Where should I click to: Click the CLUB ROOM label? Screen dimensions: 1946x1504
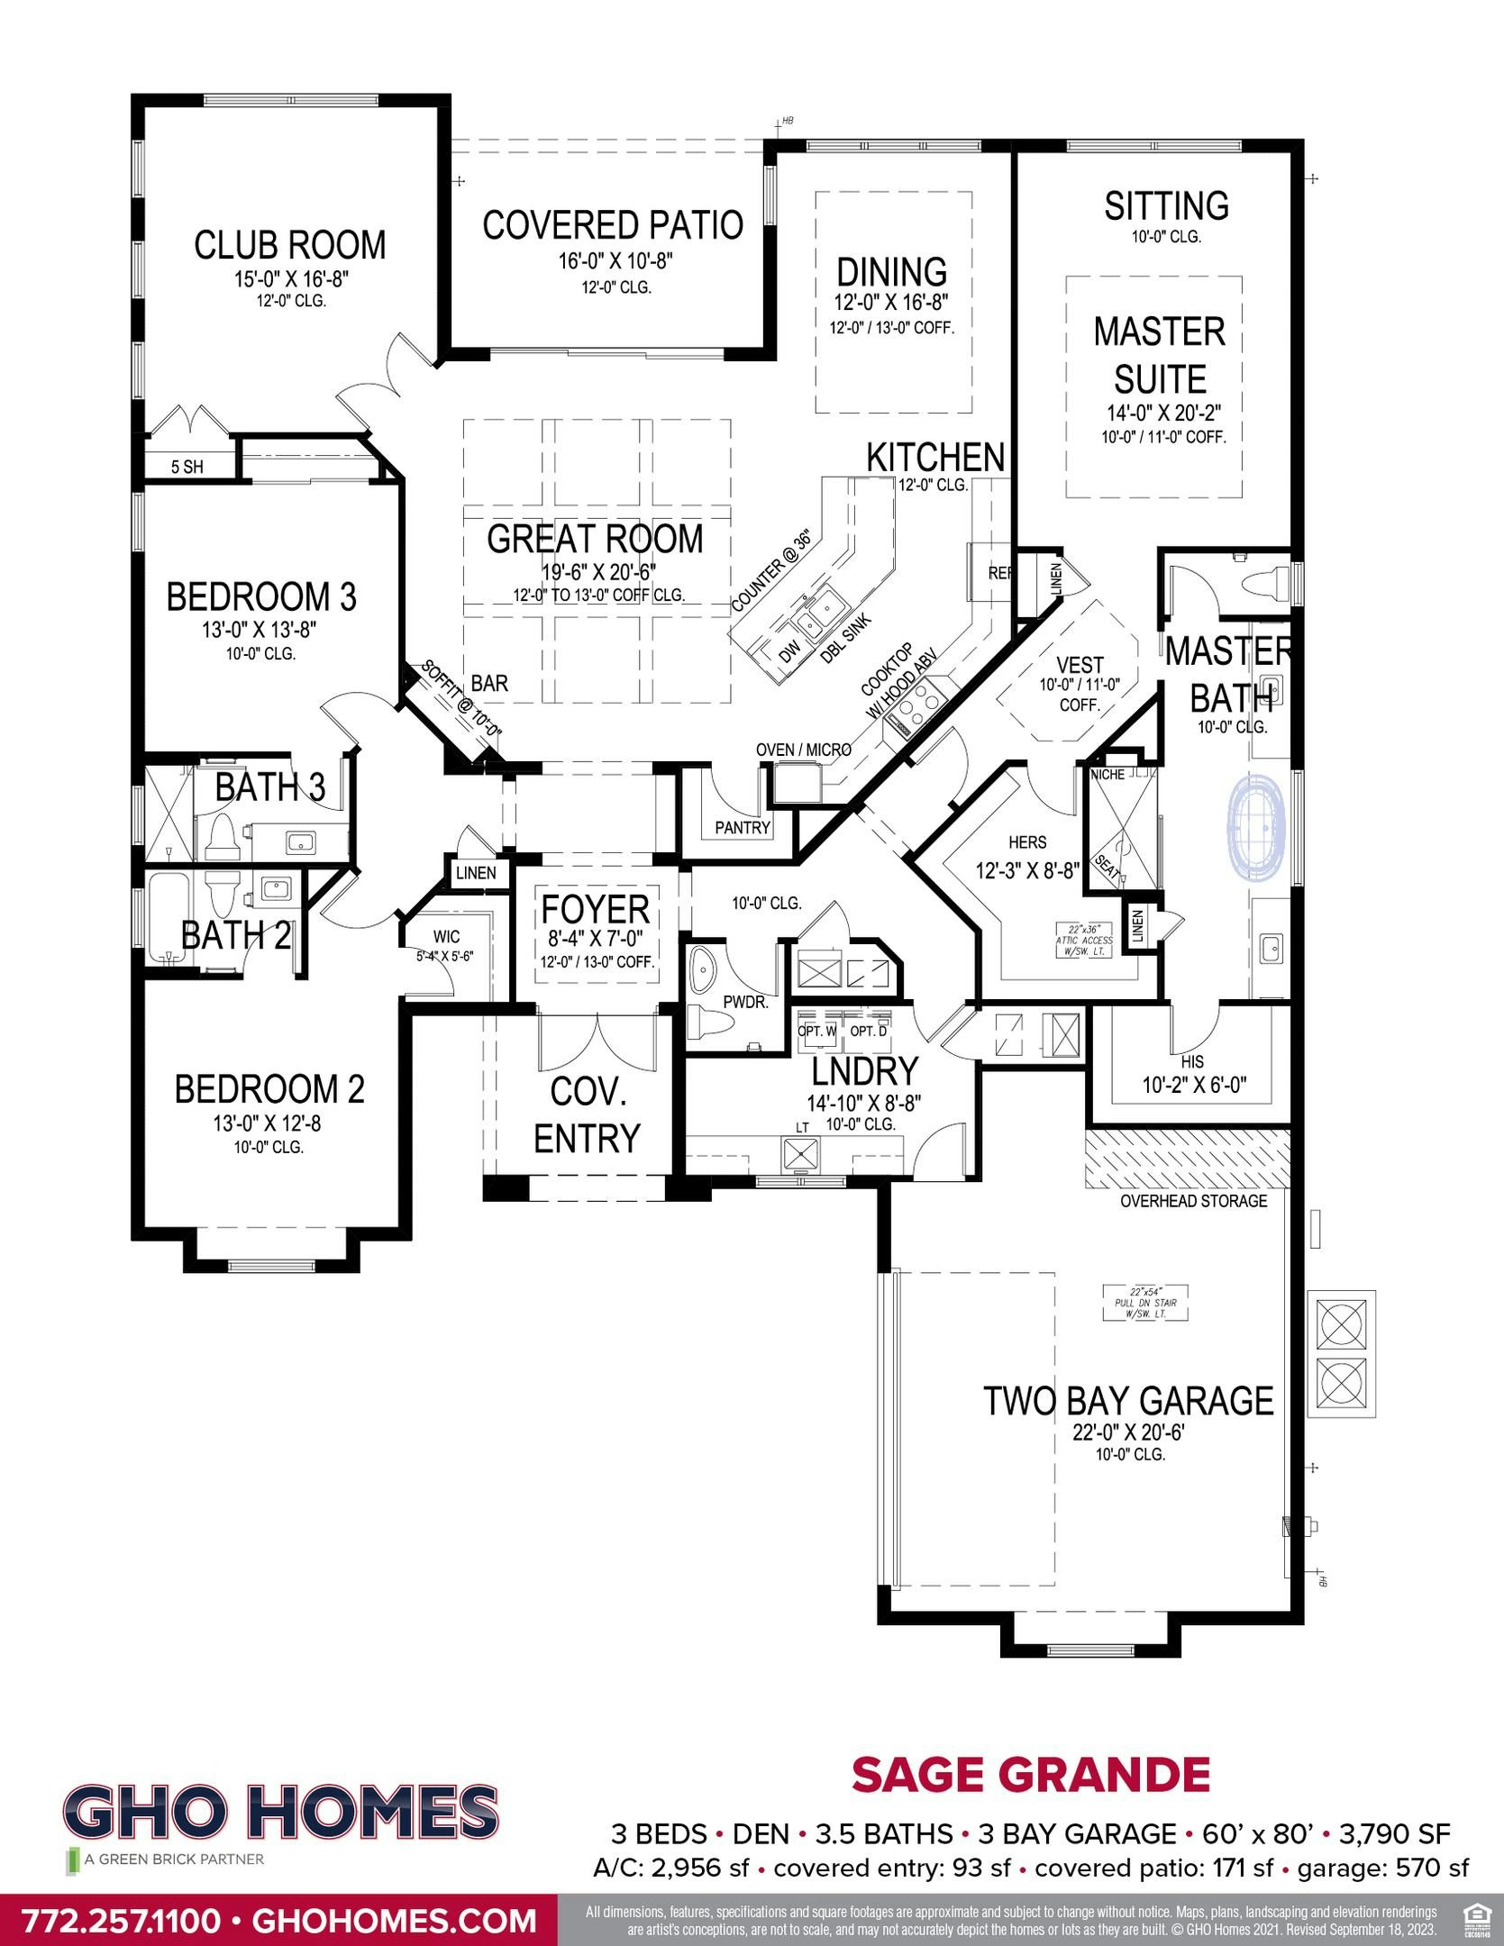pyautogui.click(x=289, y=245)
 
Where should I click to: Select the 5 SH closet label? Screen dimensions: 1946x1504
pyautogui.click(x=187, y=467)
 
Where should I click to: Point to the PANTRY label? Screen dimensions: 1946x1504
pyautogui.click(x=743, y=827)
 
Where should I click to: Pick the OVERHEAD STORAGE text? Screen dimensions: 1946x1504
pyautogui.click(x=1193, y=1201)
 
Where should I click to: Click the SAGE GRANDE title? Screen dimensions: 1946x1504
pyautogui.click(x=1030, y=1775)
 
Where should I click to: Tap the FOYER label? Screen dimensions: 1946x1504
pyautogui.click(x=595, y=910)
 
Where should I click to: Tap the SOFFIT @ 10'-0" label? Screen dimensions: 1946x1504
pyautogui.click(x=460, y=703)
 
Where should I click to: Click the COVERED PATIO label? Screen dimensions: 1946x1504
pyautogui.click(x=613, y=225)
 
